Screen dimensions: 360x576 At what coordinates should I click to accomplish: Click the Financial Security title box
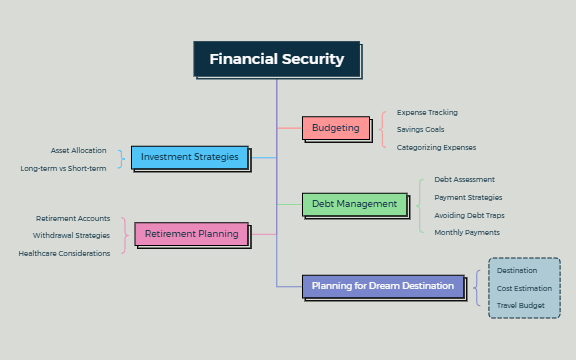point(276,59)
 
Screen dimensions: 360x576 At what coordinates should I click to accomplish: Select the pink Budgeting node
point(335,128)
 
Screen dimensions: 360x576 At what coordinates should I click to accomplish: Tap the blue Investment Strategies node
point(189,157)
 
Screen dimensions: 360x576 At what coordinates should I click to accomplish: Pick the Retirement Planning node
point(191,234)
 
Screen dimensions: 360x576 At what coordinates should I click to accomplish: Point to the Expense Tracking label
point(427,112)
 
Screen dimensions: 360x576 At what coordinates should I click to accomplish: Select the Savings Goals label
point(420,129)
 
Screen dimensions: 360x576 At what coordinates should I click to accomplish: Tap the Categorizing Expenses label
point(435,147)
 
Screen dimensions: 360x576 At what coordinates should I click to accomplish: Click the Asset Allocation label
point(79,150)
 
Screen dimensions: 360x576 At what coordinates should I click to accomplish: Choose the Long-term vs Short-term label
point(63,168)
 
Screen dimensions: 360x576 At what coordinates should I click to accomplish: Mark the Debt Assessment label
point(464,179)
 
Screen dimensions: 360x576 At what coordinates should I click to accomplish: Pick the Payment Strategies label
point(468,197)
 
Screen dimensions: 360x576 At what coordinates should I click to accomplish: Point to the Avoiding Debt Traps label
point(469,215)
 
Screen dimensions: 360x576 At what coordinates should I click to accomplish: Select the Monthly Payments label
point(467,232)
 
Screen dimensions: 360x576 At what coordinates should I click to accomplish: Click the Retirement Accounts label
point(73,218)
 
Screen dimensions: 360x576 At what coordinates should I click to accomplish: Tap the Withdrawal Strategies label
point(71,235)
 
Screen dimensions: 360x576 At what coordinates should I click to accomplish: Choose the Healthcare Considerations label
point(64,253)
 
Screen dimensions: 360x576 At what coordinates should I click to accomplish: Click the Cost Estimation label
point(524,288)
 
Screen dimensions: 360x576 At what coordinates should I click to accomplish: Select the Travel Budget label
point(520,304)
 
